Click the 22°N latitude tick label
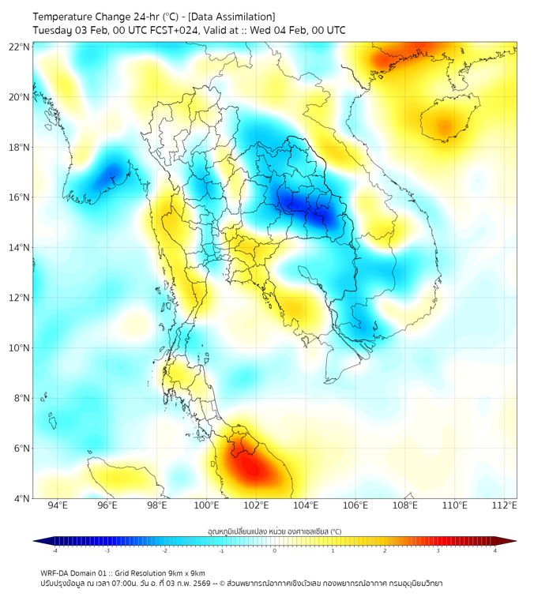point(19,47)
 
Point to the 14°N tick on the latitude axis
point(19,247)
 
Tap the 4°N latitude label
point(21,498)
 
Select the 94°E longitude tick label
point(58,506)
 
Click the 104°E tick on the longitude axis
point(306,506)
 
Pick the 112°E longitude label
point(505,506)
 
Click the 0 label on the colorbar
point(275,550)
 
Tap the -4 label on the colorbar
point(54,550)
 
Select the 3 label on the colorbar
point(440,550)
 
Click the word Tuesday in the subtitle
point(52,30)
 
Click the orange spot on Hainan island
point(444,126)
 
